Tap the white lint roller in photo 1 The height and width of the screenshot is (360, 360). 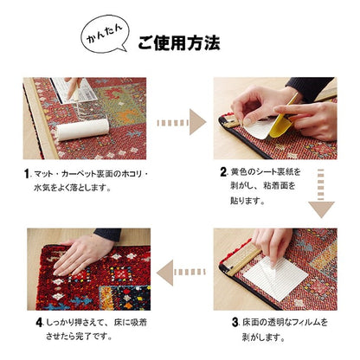(83, 130)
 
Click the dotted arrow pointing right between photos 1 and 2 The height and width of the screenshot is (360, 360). (180, 122)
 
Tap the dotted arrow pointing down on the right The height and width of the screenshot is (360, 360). (321, 196)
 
